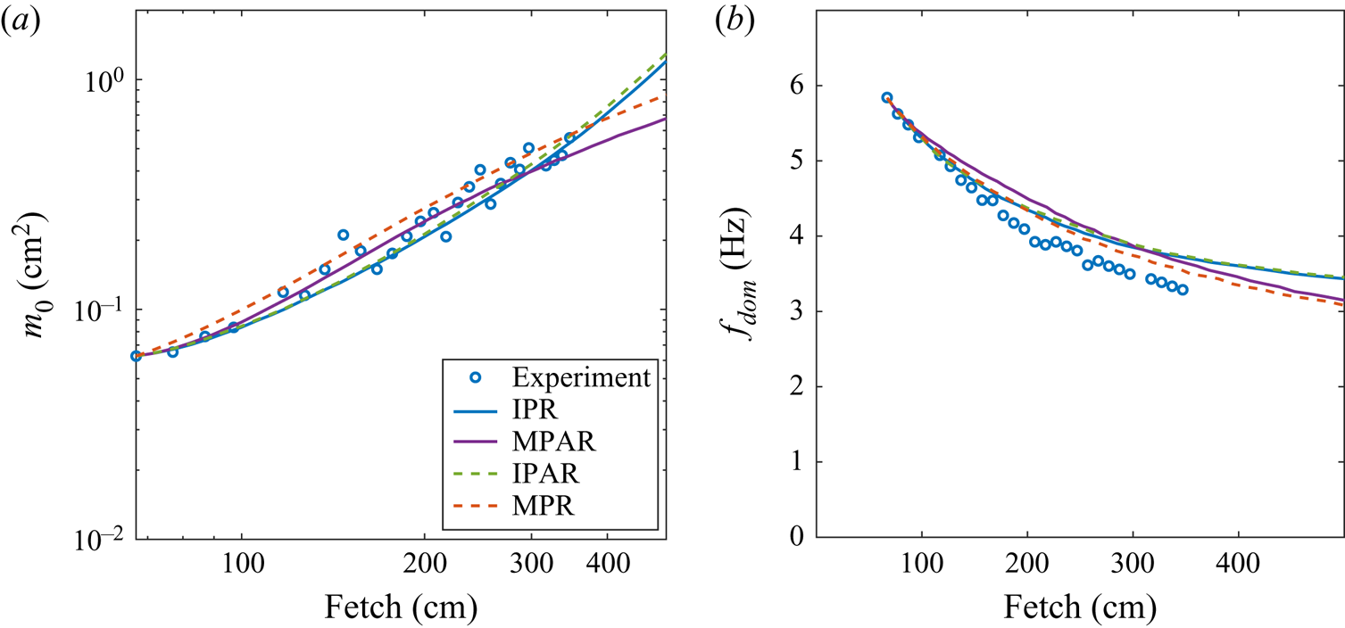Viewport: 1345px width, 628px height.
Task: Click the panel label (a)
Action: click(19, 25)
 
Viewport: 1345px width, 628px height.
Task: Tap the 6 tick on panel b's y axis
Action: click(793, 86)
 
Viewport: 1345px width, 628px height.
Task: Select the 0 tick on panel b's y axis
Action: click(793, 537)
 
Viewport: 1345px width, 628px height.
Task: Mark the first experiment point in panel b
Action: click(887, 98)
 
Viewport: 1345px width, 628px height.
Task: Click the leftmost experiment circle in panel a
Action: click(137, 356)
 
